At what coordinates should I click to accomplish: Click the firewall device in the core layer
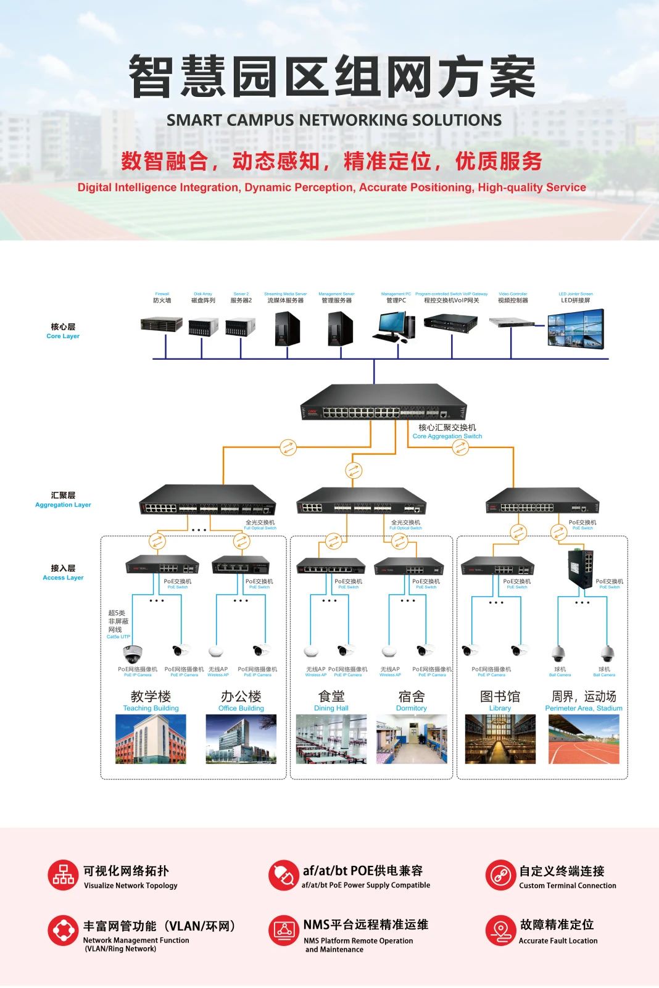[162, 324]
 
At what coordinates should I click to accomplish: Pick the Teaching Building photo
[151, 739]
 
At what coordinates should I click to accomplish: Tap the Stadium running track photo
[584, 739]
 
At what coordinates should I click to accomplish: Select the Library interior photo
[500, 739]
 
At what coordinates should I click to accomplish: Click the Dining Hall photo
[331, 739]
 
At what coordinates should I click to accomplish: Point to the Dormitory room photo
[412, 739]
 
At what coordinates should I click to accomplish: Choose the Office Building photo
[241, 739]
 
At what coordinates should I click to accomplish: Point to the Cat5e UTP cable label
[118, 636]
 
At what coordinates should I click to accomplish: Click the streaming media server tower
[287, 328]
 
